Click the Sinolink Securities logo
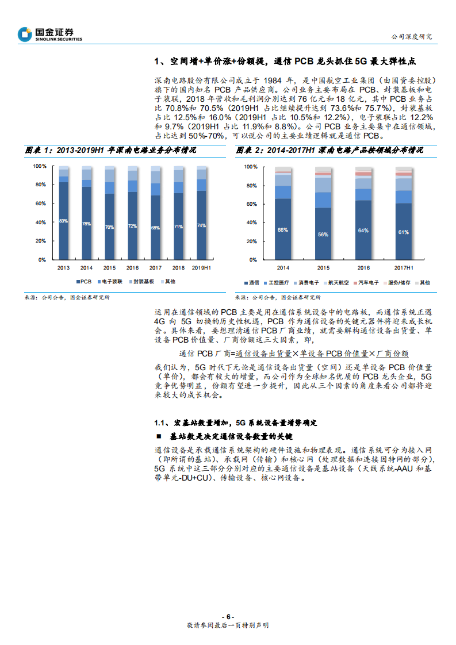50,34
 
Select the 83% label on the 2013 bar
63,221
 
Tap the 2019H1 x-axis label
201,268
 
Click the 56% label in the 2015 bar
323,235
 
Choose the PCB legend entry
84,282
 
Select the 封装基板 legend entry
141,282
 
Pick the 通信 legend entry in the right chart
252,283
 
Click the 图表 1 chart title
110,150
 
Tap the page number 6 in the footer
228,617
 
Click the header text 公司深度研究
412,36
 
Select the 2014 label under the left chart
86,268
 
